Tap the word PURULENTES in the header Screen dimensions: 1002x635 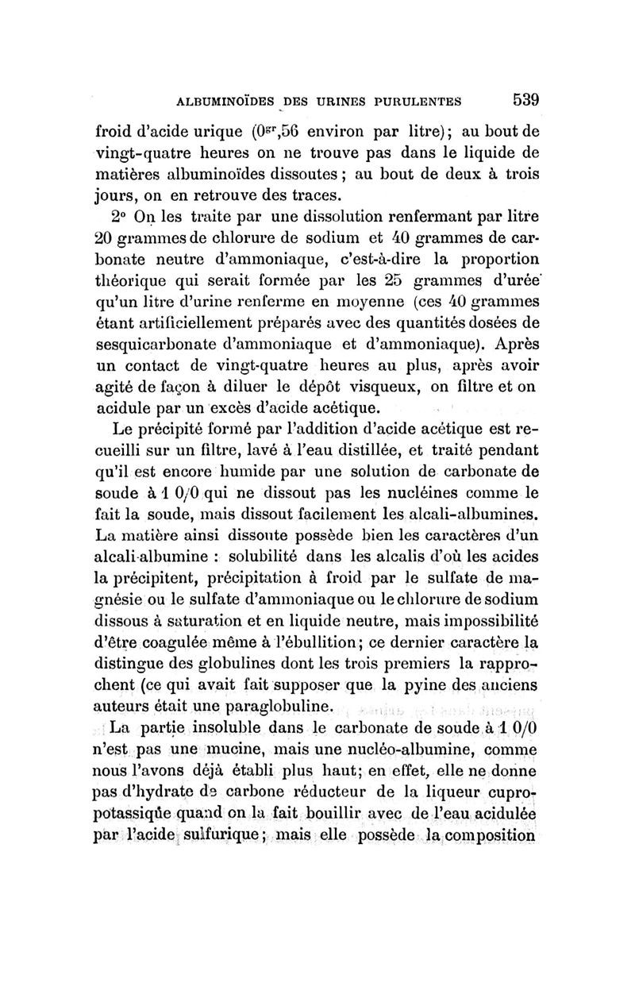coord(414,102)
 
